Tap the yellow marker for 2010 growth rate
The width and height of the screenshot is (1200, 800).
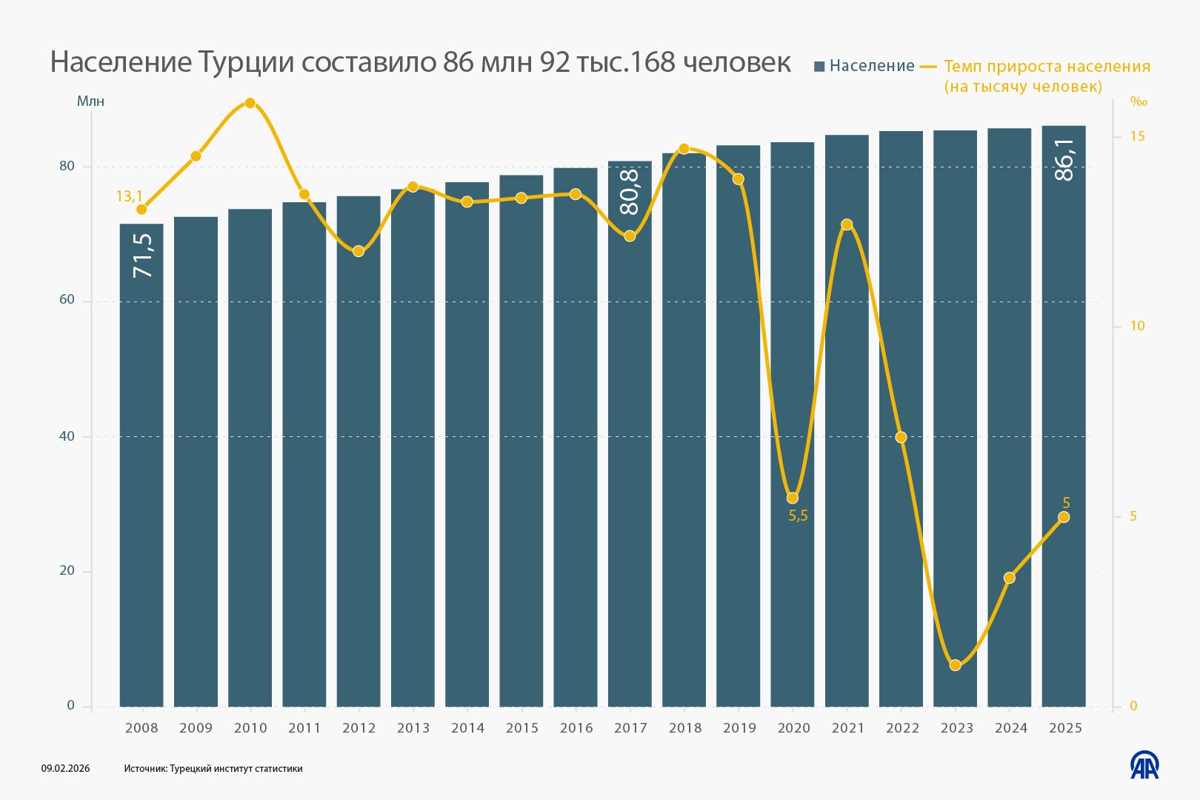pos(250,103)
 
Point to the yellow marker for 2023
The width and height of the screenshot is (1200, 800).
pos(956,665)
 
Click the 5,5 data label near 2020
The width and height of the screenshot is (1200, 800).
pos(798,516)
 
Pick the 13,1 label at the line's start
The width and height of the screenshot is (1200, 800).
pos(129,196)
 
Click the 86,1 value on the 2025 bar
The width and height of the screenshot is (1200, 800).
pos(1064,159)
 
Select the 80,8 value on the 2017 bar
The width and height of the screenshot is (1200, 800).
pos(630,191)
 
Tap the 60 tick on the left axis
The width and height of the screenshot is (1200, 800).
pos(67,300)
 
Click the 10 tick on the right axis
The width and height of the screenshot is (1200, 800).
pos(1137,326)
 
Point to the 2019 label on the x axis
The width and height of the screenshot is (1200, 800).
pos(739,728)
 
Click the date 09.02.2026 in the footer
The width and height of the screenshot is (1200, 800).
pos(65,768)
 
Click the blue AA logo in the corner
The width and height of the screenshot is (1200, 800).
pos(1144,765)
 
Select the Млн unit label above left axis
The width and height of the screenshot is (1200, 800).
pos(90,101)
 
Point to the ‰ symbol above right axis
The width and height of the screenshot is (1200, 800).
pos(1138,102)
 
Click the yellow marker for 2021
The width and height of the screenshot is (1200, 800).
pos(847,224)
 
